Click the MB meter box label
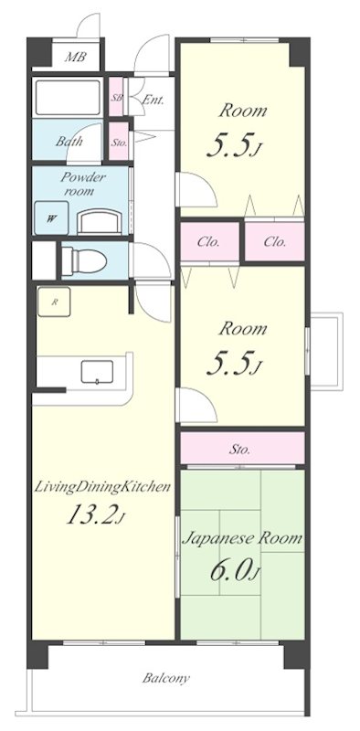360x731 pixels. (x=75, y=57)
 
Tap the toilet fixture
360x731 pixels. (x=84, y=260)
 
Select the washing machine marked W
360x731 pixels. (x=51, y=218)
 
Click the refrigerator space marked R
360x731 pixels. (x=54, y=302)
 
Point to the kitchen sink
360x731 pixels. (x=97, y=372)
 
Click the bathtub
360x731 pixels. (x=67, y=97)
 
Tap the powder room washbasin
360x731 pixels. (x=100, y=222)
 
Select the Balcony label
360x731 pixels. (x=166, y=678)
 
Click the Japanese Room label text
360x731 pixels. (x=242, y=538)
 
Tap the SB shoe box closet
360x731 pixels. (x=116, y=97)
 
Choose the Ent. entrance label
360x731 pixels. (x=153, y=100)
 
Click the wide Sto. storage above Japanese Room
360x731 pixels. (x=242, y=448)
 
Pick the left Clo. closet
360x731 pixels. (x=210, y=242)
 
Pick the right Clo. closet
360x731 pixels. (x=275, y=242)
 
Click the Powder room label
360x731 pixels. (x=83, y=184)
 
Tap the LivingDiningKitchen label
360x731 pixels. (x=102, y=488)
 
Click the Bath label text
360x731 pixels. (x=69, y=142)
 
